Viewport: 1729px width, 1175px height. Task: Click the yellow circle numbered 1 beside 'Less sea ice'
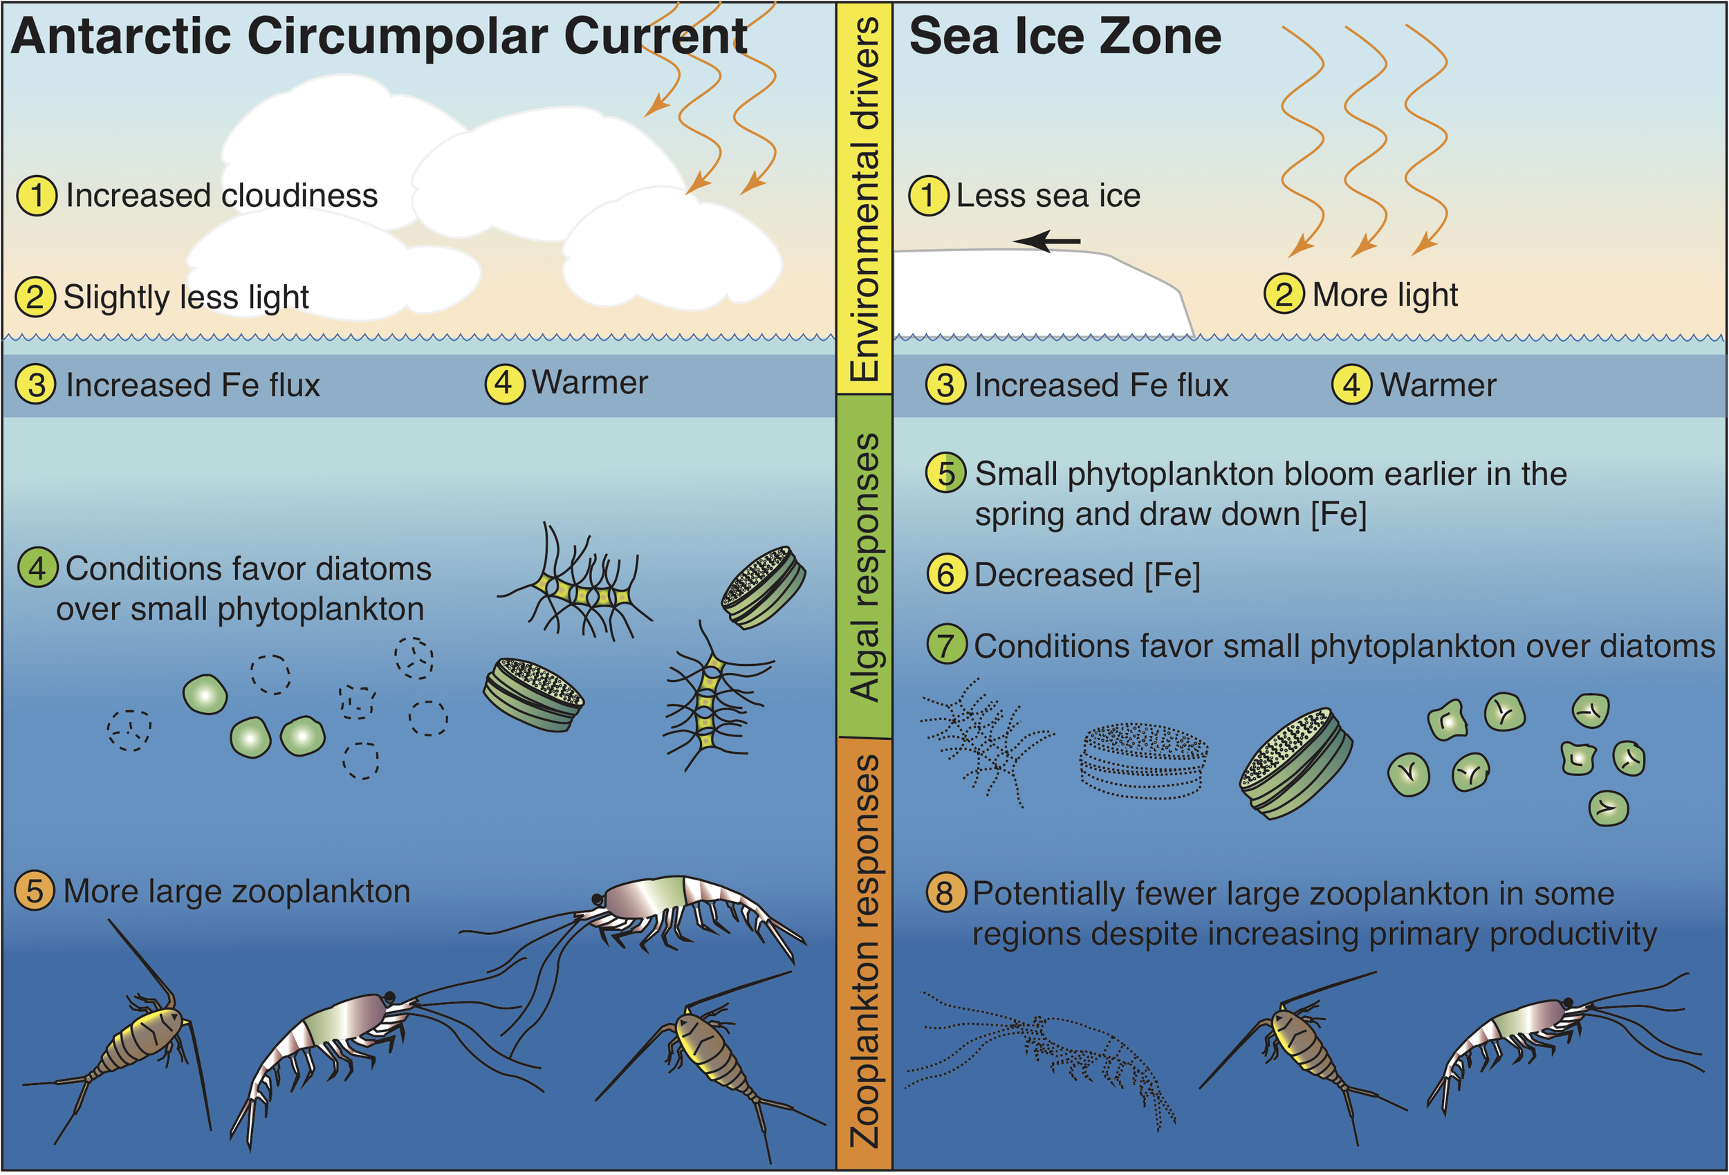click(927, 196)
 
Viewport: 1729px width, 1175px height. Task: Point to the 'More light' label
click(1385, 295)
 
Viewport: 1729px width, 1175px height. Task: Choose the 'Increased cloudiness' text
click(222, 196)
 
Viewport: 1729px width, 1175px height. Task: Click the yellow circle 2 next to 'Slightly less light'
click(35, 296)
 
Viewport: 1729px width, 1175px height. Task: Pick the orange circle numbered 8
click(945, 892)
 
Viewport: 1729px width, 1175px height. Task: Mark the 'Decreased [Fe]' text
click(1087, 575)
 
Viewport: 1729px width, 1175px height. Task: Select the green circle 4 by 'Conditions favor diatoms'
click(37, 568)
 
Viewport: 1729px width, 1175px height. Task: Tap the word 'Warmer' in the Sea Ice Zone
click(1438, 385)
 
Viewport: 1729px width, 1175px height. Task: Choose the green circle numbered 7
click(946, 645)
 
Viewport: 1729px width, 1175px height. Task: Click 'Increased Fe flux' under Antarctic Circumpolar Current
click(193, 385)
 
